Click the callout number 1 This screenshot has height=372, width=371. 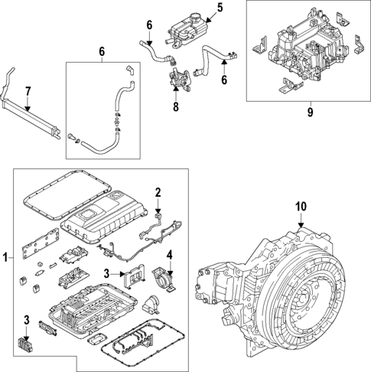pyautogui.click(x=7, y=259)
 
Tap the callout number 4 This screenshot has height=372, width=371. pyautogui.click(x=170, y=255)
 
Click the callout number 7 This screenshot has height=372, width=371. pyautogui.click(x=28, y=92)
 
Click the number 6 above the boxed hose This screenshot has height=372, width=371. pyautogui.click(x=101, y=52)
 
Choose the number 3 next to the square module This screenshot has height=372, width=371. pyautogui.click(x=109, y=273)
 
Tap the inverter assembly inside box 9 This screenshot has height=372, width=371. pyautogui.click(x=306, y=50)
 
